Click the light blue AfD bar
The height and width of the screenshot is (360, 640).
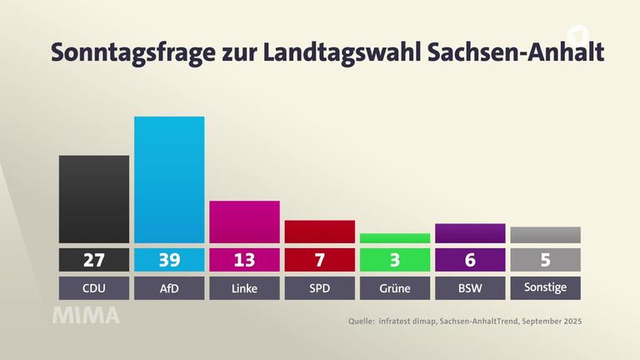169,179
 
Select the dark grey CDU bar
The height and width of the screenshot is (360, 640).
94,199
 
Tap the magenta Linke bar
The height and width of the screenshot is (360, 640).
244,222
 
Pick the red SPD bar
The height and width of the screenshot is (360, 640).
319,232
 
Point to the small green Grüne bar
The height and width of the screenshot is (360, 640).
395,237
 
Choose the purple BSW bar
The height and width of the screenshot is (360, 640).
470,233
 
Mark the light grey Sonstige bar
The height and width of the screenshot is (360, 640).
545,235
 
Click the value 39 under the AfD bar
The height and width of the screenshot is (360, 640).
169,260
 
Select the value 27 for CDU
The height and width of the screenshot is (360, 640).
94,260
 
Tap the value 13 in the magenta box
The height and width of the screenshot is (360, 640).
244,260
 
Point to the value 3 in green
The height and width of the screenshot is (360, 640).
395,260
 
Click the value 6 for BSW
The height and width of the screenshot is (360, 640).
470,260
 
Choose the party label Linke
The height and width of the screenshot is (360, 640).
244,288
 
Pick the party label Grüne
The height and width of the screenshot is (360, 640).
395,288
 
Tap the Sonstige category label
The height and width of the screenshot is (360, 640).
545,288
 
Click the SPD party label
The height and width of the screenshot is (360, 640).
319,288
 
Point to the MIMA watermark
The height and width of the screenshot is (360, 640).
87,316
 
